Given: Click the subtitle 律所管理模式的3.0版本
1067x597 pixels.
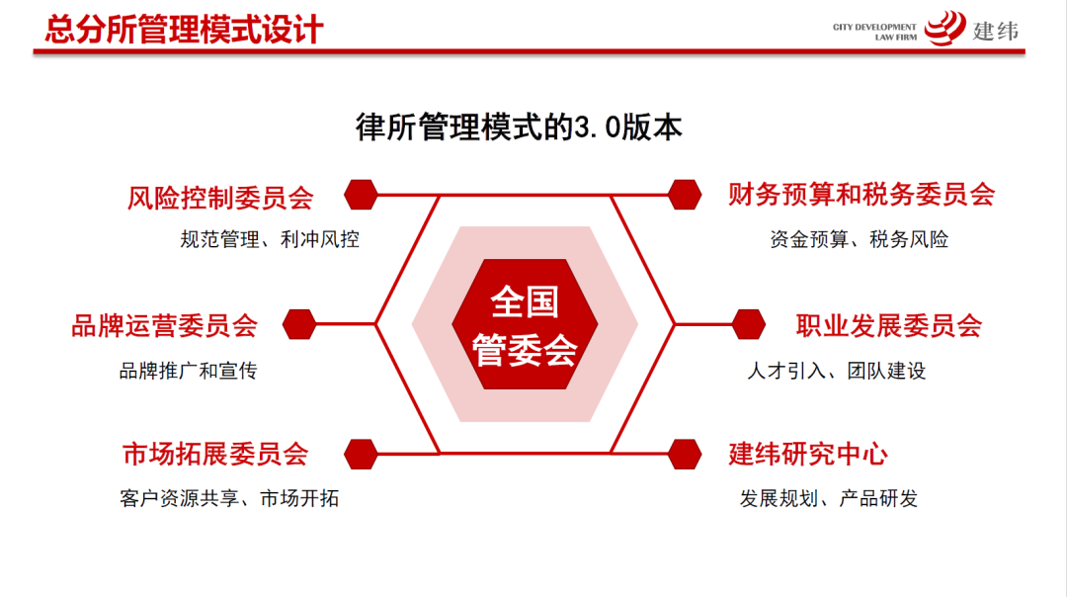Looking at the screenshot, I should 519,128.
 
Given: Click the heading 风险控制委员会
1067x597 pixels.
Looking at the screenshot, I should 220,197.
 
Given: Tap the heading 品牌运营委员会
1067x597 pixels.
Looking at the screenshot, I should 164,325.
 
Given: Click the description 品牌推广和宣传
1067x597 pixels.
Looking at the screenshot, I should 188,372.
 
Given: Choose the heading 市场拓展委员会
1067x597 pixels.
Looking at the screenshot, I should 215,454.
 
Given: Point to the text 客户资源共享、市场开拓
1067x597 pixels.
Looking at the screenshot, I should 229,498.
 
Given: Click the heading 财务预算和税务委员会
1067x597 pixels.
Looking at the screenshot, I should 861,195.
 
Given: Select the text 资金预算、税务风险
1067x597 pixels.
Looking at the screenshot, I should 859,239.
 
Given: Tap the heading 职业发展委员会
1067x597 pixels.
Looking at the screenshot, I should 889,325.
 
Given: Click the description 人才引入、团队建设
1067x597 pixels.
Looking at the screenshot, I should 836,372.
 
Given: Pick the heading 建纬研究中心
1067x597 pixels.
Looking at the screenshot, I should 808,454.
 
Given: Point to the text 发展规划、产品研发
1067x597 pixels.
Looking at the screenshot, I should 829,498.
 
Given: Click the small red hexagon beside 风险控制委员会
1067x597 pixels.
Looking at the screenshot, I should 361,195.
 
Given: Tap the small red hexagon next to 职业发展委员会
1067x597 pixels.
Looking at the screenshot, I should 749,324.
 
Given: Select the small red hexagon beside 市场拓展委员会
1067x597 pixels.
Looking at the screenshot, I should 361,454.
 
